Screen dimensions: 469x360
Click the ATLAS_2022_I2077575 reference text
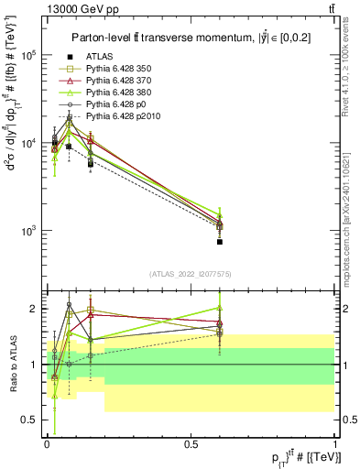[x=190, y=274]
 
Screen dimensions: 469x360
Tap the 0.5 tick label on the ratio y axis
[x=30, y=420]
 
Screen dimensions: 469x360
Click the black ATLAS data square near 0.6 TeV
[x=220, y=242]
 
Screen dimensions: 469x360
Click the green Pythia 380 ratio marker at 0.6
[x=220, y=309]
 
